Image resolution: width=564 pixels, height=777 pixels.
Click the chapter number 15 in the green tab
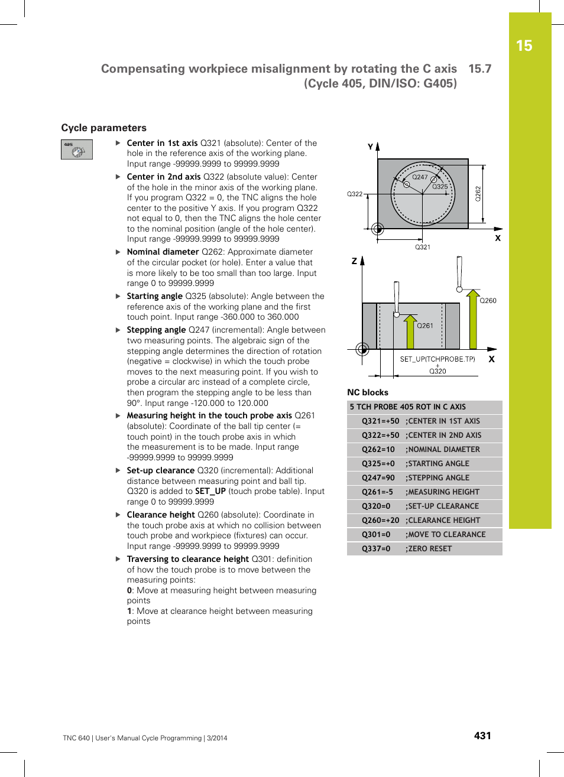coord(524,46)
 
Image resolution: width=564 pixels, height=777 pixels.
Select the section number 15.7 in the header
coord(479,69)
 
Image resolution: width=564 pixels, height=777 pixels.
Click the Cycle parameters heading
coord(103,128)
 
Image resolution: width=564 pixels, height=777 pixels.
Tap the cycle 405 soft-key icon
coord(77,149)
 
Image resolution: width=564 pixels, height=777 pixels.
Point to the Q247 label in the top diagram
coord(420,177)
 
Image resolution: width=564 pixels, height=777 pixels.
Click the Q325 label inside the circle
coord(440,187)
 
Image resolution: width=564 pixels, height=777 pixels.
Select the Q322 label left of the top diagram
coord(355,194)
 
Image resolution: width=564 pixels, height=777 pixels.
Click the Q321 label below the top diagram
coord(423,247)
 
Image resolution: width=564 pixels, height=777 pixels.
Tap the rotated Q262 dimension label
coord(478,194)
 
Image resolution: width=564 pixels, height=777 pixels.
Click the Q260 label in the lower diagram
coord(488,301)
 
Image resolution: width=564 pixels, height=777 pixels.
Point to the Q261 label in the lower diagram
coord(425,326)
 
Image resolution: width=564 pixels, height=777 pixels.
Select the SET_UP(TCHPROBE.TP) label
coord(437,359)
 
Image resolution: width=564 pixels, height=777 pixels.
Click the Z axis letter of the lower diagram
coord(354,261)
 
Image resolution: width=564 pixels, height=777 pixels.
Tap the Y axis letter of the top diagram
coord(371,147)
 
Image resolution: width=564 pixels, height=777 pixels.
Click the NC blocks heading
coord(368,392)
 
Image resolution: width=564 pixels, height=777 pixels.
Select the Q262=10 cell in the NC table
coord(378,450)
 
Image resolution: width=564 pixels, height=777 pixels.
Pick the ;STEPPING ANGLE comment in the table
coord(437,478)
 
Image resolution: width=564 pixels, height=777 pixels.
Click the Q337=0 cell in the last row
coord(376,549)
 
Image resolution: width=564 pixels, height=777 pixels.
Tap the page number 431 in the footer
coord(482,736)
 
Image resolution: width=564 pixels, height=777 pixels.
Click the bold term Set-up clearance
coord(160,470)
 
